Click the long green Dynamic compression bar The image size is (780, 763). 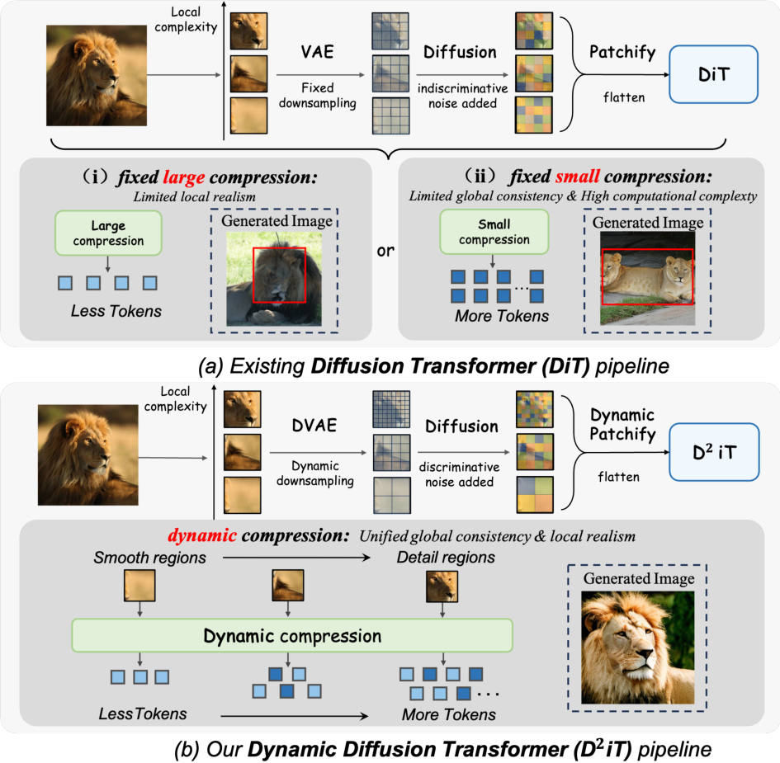[292, 636]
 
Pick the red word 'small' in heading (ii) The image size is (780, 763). [578, 177]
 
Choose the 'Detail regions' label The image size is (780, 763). [445, 558]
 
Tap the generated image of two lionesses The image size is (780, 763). [646, 277]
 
